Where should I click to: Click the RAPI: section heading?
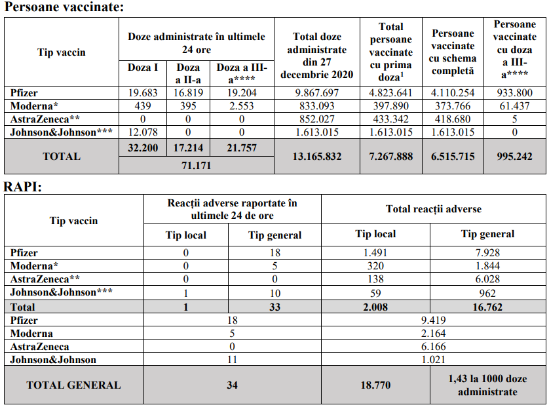pyautogui.click(x=23, y=187)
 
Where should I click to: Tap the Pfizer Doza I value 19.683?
pyautogui.click(x=142, y=93)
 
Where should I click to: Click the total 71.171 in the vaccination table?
pyautogui.click(x=196, y=166)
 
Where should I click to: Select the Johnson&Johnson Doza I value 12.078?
pyautogui.click(x=142, y=132)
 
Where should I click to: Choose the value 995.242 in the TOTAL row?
pyautogui.click(x=514, y=156)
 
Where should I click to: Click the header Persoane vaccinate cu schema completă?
pyautogui.click(x=453, y=52)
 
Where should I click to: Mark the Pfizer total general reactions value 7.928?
pyautogui.click(x=487, y=253)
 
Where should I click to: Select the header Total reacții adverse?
pyautogui.click(x=434, y=209)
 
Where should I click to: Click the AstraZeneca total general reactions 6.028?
pyautogui.click(x=487, y=279)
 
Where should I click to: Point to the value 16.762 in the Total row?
pyautogui.click(x=487, y=307)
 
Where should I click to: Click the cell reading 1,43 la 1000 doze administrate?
pyautogui.click(x=487, y=385)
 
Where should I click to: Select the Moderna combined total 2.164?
pyautogui.click(x=434, y=334)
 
